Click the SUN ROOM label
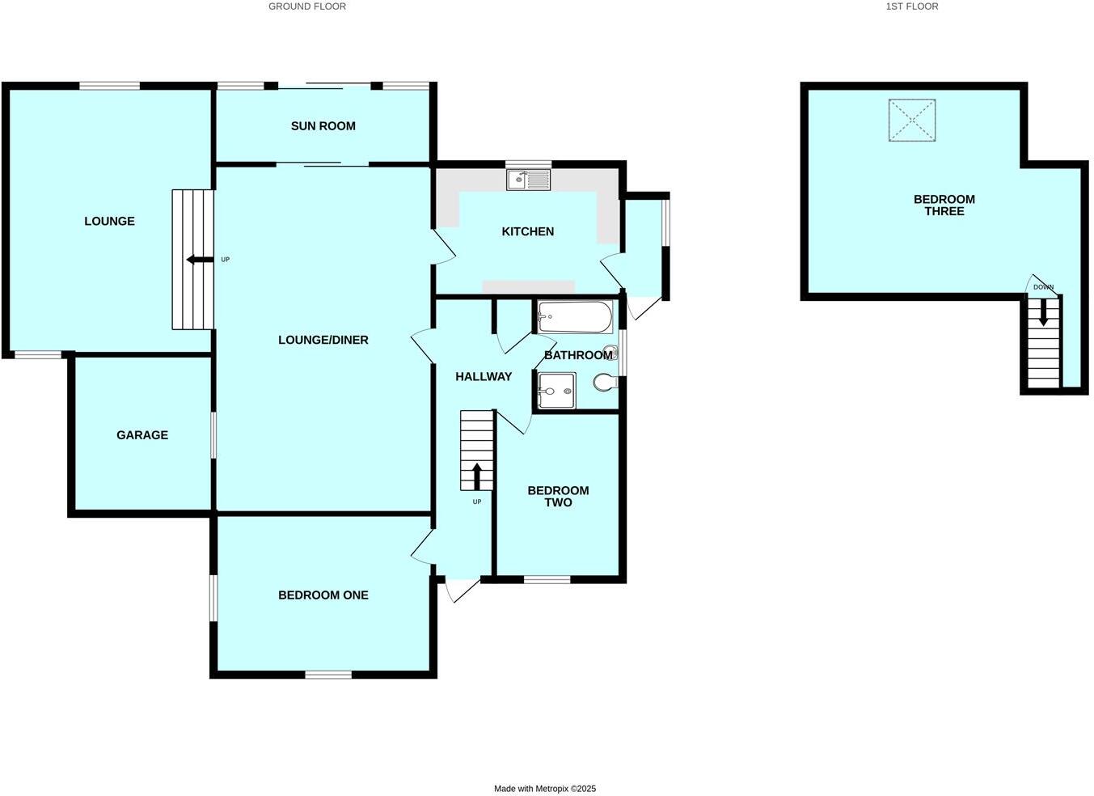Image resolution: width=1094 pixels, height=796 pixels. click(323, 126)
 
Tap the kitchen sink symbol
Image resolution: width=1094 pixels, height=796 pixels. click(528, 180)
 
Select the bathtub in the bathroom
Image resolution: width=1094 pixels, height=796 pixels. click(575, 317)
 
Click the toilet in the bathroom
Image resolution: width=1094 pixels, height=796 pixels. click(605, 382)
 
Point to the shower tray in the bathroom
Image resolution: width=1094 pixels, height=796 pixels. click(555, 391)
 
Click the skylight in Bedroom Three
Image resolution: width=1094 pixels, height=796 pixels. click(911, 121)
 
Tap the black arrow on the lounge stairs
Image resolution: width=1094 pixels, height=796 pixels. click(195, 260)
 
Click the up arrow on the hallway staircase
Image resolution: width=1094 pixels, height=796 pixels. click(477, 476)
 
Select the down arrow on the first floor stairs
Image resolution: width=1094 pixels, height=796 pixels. click(1043, 312)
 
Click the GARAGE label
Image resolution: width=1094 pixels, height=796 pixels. click(142, 435)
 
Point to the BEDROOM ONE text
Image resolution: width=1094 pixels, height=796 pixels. click(323, 595)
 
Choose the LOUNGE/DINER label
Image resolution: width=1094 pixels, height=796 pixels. click(323, 341)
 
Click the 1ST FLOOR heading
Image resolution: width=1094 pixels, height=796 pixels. click(911, 6)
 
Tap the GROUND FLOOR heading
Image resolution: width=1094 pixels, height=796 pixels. click(307, 6)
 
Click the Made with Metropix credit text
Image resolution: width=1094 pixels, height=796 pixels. click(545, 789)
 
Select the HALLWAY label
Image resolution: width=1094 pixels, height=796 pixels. click(483, 377)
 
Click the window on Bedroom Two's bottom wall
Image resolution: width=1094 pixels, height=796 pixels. click(547, 579)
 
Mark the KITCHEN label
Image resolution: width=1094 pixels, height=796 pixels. click(527, 232)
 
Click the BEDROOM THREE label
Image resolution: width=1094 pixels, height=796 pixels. click(944, 205)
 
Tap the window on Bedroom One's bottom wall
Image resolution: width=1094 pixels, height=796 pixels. click(328, 674)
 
